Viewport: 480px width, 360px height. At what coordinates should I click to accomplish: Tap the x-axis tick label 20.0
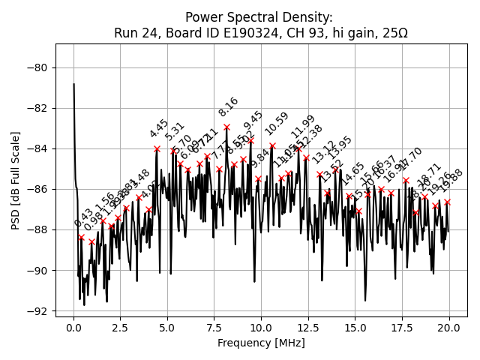coord(449,329)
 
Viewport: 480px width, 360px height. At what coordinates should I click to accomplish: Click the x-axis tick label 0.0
coord(73,329)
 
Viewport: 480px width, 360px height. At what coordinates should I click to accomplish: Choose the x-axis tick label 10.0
coord(261,329)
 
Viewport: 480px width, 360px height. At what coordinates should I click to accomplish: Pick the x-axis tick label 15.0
coord(355,329)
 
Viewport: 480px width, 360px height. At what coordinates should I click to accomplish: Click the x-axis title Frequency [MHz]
coord(262,343)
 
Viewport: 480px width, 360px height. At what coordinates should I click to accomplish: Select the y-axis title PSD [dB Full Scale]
coord(16,180)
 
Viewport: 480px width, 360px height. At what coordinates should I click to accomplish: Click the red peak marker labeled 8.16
coord(226,127)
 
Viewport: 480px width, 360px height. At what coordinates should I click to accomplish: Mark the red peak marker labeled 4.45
coord(157,148)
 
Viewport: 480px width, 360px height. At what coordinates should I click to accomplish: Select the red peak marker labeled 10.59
coord(272,145)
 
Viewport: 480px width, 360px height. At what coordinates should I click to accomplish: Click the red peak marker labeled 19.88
coord(447,202)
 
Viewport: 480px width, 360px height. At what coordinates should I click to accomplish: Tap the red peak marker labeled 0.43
coord(81,238)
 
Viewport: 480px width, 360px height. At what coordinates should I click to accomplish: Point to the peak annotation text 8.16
coord(229,106)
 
